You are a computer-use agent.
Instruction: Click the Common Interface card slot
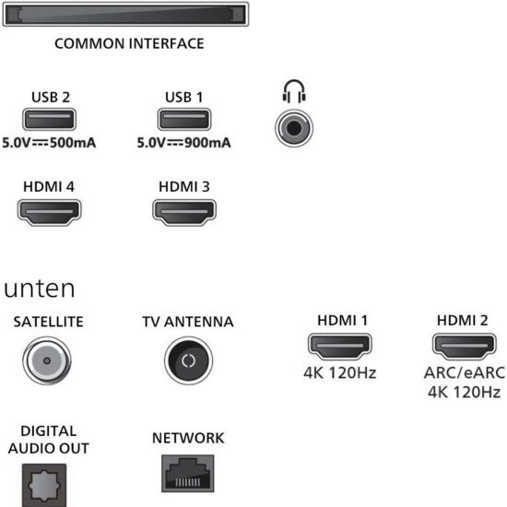pos(125,14)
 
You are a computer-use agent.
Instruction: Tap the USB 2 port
pos(49,119)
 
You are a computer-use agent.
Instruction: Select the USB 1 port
pos(184,119)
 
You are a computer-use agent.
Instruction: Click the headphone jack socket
pos(294,128)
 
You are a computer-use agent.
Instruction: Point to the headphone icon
pos(294,91)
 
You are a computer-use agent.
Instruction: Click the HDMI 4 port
pos(49,212)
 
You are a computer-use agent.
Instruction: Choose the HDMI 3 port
pos(184,212)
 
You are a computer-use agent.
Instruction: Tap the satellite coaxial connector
pos(47,360)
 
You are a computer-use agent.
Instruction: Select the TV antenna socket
pos(188,360)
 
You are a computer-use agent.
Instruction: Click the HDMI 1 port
pos(340,347)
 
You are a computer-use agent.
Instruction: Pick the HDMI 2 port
pos(465,347)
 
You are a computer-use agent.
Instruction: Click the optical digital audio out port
pos(44,485)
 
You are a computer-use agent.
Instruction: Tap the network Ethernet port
pos(188,474)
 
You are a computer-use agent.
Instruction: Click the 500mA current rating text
pos(73,143)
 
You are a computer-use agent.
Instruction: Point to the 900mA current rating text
pos(207,143)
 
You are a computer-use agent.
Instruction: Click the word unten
pos(40,289)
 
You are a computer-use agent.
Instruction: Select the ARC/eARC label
pos(465,372)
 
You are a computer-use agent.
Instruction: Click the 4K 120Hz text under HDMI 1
pos(340,372)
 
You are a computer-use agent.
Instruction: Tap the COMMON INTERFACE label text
pos(129,43)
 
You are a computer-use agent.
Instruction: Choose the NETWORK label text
pos(188,438)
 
